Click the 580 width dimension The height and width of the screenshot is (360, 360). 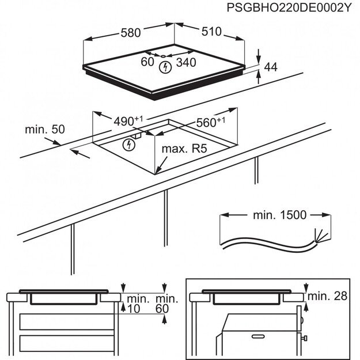click(x=130, y=33)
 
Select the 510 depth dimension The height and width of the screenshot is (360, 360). click(x=211, y=32)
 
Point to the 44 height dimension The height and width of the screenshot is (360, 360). click(x=270, y=67)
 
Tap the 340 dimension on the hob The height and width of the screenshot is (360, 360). click(x=185, y=61)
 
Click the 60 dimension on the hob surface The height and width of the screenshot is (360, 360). click(x=147, y=61)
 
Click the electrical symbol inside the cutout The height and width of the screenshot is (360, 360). click(x=127, y=144)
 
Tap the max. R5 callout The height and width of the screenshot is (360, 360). click(x=184, y=150)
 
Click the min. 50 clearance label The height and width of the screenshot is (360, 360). click(x=44, y=130)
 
